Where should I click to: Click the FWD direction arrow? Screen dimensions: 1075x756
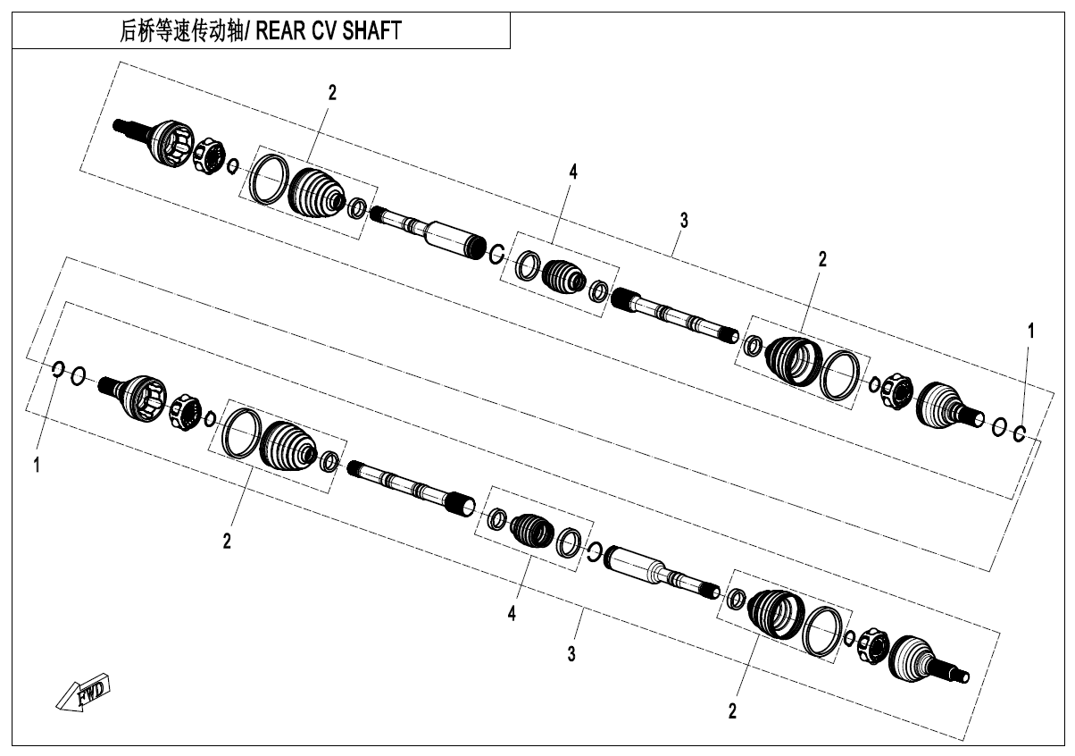point(82,693)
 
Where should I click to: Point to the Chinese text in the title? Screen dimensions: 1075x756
point(181,30)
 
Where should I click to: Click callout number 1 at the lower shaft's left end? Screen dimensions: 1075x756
point(37,465)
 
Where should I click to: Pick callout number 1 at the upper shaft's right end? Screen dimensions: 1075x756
point(1030,331)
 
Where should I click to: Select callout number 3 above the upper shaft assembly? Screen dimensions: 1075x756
point(684,221)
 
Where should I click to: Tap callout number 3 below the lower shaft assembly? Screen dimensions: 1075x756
point(571,654)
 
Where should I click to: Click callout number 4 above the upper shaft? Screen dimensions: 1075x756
point(573,172)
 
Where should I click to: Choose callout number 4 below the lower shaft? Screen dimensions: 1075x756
point(512,613)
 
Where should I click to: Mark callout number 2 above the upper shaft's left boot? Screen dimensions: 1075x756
point(332,93)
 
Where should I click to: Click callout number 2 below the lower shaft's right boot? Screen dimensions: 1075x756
point(732,711)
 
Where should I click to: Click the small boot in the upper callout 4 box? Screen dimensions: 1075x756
point(563,276)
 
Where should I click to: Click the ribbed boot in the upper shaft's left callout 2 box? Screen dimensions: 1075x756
point(316,195)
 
